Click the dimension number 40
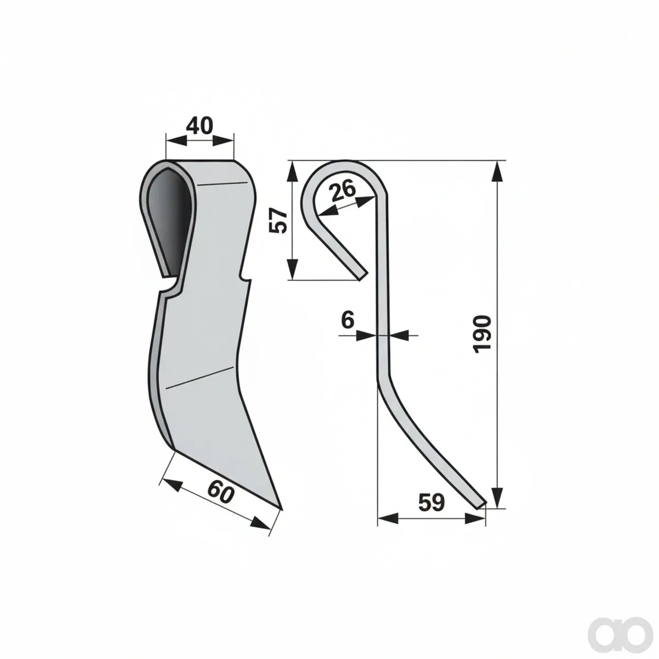pyautogui.click(x=199, y=126)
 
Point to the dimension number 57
pyautogui.click(x=278, y=221)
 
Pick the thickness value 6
pyautogui.click(x=348, y=320)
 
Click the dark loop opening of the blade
pyautogui.click(x=170, y=219)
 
